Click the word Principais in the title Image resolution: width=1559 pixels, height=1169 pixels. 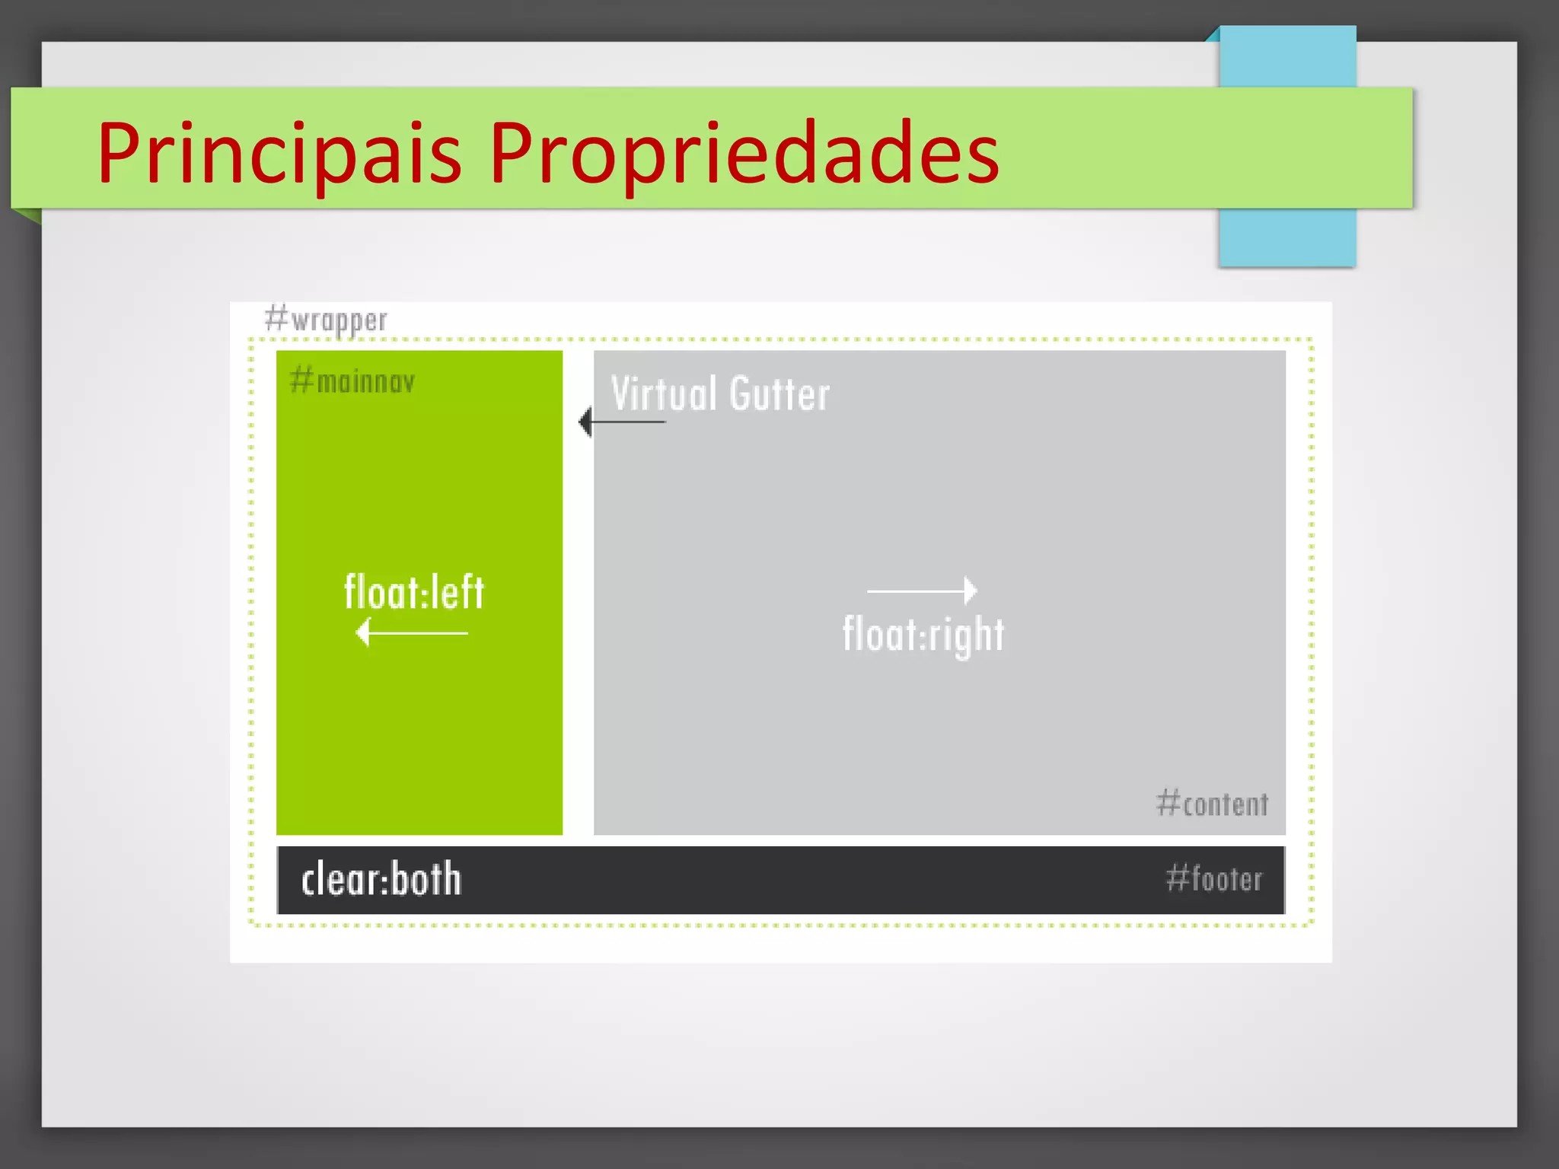coord(279,154)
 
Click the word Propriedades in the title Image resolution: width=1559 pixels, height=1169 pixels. coord(743,154)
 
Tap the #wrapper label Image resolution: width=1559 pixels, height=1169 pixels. coord(326,320)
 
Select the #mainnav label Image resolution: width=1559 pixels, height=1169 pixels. coord(352,381)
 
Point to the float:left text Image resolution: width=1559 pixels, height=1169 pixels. coord(413,592)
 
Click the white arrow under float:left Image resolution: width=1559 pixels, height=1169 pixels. coord(412,632)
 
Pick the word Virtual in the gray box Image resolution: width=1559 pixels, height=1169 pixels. coord(664,393)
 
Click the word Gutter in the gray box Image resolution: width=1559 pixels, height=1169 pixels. coord(779,393)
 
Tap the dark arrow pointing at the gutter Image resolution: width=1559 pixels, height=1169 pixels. coord(621,422)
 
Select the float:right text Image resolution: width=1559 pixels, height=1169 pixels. coord(923,635)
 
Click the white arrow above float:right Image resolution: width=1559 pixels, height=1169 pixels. coord(922,591)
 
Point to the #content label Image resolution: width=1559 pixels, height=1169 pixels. coord(1212,804)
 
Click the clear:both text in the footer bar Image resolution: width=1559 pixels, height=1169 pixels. coord(381,880)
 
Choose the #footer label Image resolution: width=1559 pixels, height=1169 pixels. coord(1213,879)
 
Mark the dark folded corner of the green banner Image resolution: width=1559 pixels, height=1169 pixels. coord(27,215)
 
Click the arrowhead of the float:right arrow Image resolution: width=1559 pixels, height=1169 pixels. coord(971,591)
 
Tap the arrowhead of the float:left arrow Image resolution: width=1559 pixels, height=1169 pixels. coord(363,632)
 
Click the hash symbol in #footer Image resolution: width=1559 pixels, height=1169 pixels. coord(1177,878)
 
